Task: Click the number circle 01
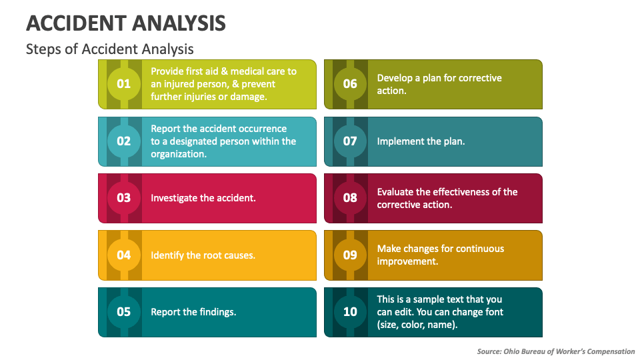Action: coord(124,84)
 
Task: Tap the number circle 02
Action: coord(124,141)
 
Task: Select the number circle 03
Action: coord(124,198)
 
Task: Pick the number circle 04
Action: coord(124,255)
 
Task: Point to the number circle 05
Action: coord(124,311)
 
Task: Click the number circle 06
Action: coord(350,84)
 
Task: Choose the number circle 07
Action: coord(350,141)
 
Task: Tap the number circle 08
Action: coord(350,198)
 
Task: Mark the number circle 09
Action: coord(350,255)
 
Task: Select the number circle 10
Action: coord(350,311)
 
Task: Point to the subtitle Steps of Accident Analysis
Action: coord(110,49)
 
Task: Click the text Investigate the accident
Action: coord(203,198)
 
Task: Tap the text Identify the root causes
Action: coord(203,255)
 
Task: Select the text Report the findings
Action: coord(193,311)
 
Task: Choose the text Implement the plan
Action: coord(421,141)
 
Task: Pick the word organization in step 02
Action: coord(177,154)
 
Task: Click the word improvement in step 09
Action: coord(407,261)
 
